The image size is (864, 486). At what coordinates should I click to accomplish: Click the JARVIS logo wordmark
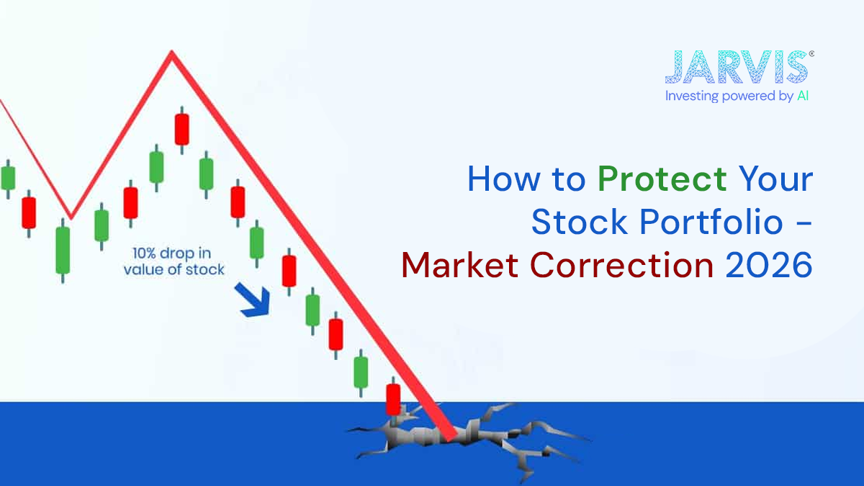coord(735,66)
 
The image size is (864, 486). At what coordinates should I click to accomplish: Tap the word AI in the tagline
coord(802,96)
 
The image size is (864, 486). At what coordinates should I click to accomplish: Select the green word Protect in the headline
coord(662,179)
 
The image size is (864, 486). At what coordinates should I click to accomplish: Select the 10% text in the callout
coord(145,253)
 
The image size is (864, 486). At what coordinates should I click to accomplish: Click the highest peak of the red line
coord(171,53)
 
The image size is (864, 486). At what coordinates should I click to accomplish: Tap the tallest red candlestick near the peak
coord(181,129)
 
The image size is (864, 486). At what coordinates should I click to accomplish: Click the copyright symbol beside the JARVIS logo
coord(812,53)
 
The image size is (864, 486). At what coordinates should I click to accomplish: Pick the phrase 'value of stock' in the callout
coord(174,270)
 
